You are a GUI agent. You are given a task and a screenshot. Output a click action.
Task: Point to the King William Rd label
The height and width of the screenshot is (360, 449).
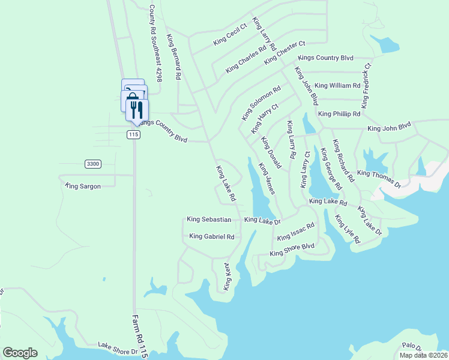[x=337, y=86]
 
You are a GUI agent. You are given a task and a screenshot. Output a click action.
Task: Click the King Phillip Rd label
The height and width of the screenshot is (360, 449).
[x=339, y=113]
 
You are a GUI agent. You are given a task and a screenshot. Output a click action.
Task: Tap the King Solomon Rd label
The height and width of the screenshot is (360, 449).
[x=261, y=103]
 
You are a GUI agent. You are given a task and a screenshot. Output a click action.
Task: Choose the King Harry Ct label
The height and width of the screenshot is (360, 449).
[x=265, y=118]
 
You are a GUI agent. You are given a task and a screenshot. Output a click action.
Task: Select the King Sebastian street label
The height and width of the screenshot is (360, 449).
[x=209, y=220]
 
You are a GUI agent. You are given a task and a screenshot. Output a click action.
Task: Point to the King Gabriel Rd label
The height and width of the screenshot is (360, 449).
[x=211, y=236]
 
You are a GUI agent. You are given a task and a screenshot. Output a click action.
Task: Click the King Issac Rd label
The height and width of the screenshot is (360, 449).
[x=296, y=233]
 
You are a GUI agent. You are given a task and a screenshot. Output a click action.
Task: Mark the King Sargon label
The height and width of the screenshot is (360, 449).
[x=83, y=187]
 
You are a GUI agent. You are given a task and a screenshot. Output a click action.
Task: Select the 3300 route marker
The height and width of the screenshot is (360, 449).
[x=92, y=163]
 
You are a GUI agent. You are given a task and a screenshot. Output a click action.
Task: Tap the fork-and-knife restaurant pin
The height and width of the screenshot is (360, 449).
[x=137, y=109]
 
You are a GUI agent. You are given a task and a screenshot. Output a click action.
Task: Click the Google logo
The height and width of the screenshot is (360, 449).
[x=20, y=353]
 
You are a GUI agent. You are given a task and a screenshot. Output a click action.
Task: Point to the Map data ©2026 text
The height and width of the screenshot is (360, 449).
[x=423, y=355]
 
